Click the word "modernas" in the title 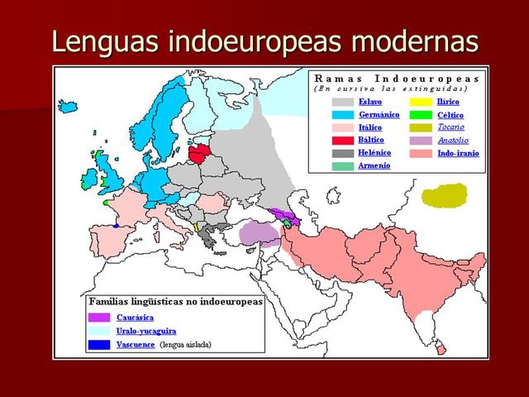(x=412, y=41)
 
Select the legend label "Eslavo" (x=370, y=101)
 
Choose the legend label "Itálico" (x=370, y=127)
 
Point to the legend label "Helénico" (x=374, y=153)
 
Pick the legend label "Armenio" (x=374, y=166)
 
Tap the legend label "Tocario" (x=450, y=127)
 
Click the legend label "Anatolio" (x=452, y=141)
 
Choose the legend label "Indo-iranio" (x=458, y=153)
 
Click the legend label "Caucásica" (x=135, y=317)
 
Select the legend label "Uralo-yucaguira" (x=146, y=331)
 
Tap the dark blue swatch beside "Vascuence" (x=99, y=344)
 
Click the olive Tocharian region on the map (x=444, y=197)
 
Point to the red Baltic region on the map (x=203, y=153)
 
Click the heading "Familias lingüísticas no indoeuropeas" (x=175, y=302)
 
